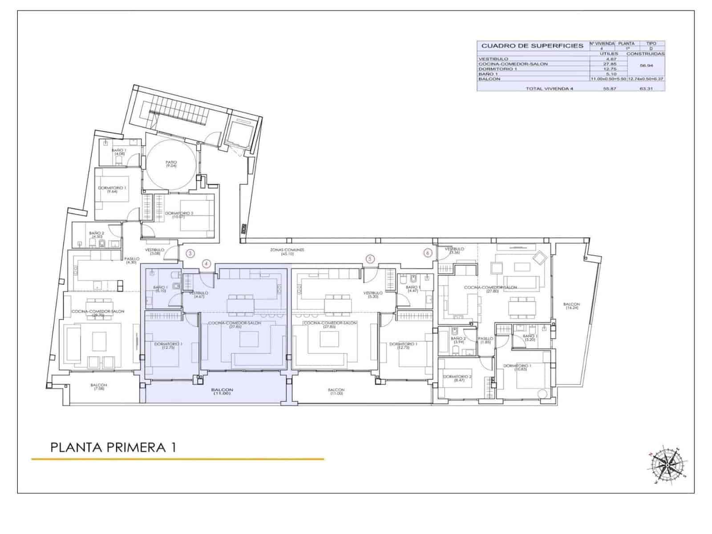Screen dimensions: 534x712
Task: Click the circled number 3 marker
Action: [190, 254]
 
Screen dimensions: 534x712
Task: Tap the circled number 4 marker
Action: [206, 264]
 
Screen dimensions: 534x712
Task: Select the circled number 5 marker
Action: [369, 259]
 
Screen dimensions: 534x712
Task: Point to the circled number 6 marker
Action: [428, 253]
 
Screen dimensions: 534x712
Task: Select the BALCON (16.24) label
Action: [571, 306]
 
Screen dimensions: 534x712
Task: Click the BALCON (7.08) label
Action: [98, 387]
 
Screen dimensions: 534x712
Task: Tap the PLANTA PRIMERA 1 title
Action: [113, 447]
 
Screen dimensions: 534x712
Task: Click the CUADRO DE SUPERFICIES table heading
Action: [532, 45]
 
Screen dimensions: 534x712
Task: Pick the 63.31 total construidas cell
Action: [645, 89]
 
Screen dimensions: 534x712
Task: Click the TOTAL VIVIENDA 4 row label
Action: [549, 89]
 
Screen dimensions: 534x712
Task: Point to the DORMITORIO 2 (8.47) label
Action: [457, 378]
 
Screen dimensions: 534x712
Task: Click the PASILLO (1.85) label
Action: [485, 340]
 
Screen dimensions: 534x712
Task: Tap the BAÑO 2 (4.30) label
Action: [97, 235]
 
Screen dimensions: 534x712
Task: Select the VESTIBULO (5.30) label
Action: [372, 295]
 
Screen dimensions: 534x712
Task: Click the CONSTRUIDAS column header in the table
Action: [645, 53]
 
